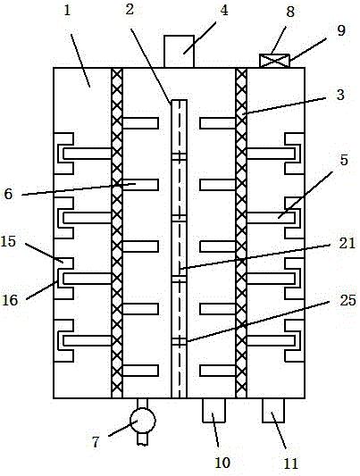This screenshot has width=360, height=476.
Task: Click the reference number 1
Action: [x=67, y=11]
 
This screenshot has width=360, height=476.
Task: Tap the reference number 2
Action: [x=130, y=10]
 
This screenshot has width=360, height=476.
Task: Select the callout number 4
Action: [x=224, y=11]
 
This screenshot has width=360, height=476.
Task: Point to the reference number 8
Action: [x=290, y=13]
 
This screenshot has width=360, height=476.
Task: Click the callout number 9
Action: [x=341, y=30]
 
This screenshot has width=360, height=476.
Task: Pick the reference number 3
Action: [x=340, y=95]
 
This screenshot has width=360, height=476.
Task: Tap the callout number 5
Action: [x=344, y=160]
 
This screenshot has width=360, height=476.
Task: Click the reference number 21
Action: [x=347, y=243]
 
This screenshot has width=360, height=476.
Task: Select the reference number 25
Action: [x=347, y=301]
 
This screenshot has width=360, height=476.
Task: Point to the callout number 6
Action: [x=9, y=194]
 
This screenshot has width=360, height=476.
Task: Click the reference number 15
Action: [x=8, y=242]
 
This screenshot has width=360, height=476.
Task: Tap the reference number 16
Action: [x=10, y=300]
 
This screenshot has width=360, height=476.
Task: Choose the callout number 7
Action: [x=96, y=442]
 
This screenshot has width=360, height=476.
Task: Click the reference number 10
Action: [x=222, y=463]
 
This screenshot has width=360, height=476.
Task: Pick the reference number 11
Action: [x=291, y=463]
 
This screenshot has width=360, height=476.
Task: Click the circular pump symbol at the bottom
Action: [x=143, y=421]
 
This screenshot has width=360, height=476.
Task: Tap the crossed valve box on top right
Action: [x=274, y=61]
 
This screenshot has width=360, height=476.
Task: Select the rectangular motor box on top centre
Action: [x=179, y=51]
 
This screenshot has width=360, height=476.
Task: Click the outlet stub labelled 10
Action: [x=214, y=410]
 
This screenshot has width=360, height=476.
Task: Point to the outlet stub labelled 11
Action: [x=273, y=410]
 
